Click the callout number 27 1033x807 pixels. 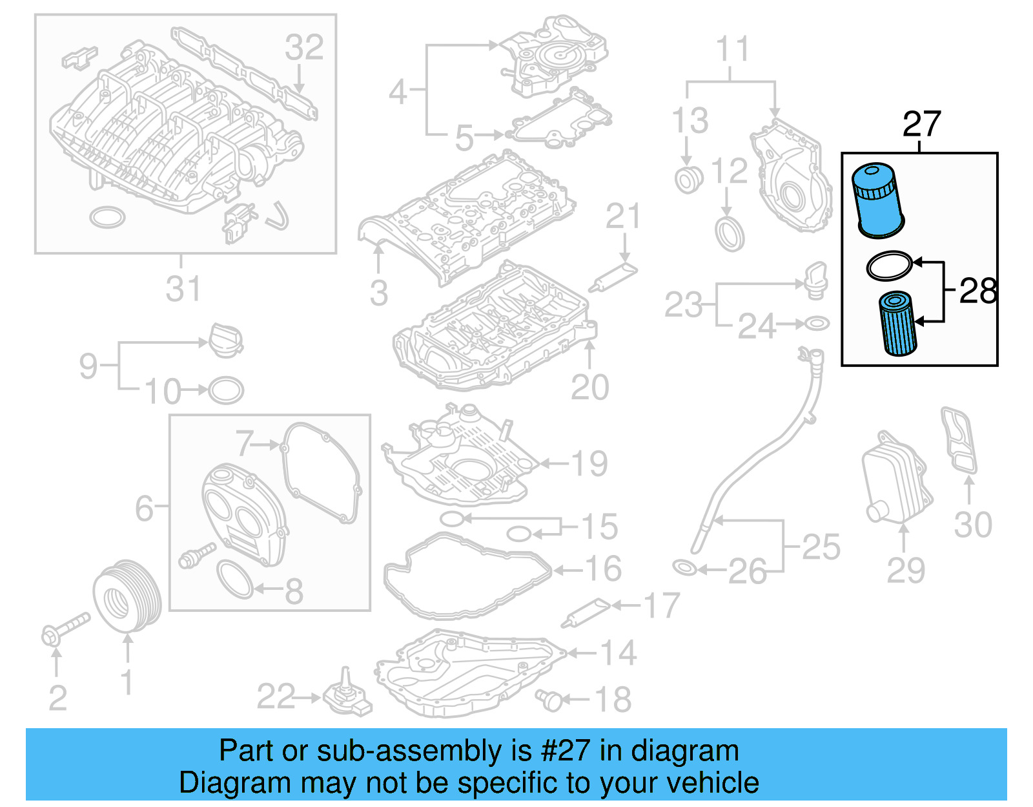coord(921,123)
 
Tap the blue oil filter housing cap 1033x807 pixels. coord(877,200)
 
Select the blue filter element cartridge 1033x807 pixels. coord(898,323)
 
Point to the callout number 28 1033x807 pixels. coord(978,291)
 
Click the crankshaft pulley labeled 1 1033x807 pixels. coord(127,595)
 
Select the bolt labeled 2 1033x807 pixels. coord(65,628)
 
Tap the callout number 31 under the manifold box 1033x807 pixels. coord(183,289)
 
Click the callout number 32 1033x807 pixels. coord(304,47)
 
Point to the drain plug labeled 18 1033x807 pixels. coord(549,699)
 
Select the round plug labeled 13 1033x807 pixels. coord(688,179)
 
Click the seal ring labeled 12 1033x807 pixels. coord(730,234)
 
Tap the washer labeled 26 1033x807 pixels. coord(684,569)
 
